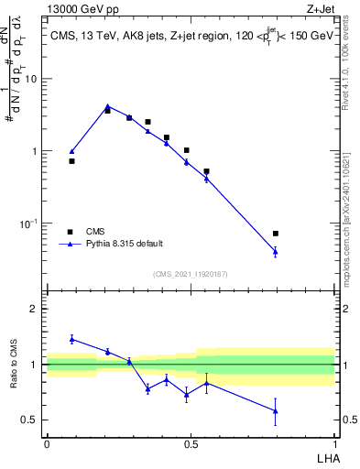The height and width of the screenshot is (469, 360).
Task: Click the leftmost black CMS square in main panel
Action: point(72,161)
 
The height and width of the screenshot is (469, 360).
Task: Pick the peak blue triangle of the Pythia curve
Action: point(107,106)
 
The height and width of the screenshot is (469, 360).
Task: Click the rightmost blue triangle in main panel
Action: point(276,251)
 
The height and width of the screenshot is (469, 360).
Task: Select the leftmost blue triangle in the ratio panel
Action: point(72,339)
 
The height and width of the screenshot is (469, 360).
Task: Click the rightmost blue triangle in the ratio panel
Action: point(276,410)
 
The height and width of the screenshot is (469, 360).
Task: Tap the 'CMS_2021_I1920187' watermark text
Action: point(190,274)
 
